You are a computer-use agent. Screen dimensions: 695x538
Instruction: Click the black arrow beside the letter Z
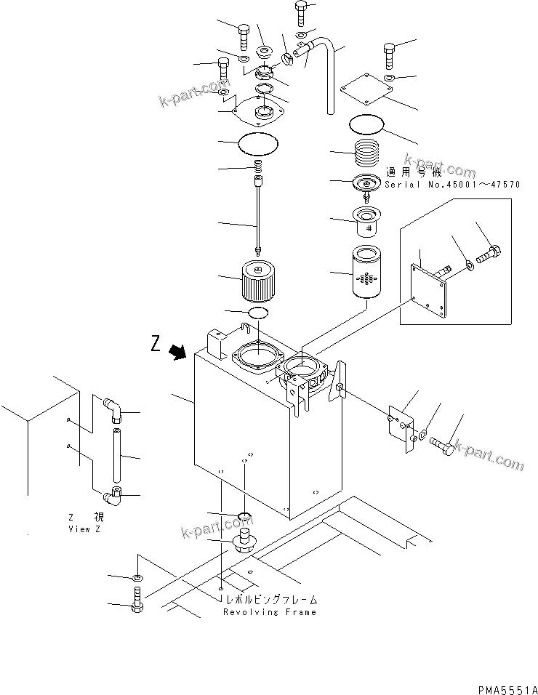tap(177, 352)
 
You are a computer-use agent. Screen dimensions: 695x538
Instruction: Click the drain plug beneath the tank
tap(244, 542)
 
